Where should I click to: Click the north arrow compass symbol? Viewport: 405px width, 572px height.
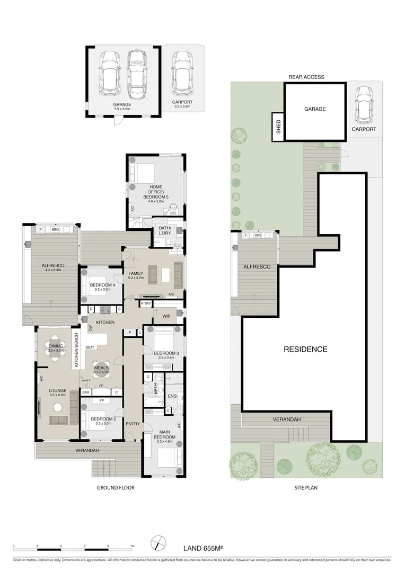157,544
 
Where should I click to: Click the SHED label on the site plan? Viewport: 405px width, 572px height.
278,128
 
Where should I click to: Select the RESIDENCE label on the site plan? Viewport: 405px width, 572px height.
305,349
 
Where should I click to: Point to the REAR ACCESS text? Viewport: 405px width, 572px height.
306,77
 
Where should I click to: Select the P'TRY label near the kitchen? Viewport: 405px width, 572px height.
145,303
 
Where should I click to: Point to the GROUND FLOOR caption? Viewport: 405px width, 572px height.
112,487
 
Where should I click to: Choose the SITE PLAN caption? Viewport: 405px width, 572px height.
306,487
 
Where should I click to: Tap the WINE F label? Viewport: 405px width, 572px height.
85,380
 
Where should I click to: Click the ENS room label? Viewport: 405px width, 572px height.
171,395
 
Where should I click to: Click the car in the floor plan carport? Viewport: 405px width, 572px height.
182,70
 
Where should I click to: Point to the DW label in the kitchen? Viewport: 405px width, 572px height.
91,328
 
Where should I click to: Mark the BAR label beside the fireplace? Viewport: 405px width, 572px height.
85,392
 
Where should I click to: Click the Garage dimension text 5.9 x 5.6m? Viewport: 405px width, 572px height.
122,109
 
